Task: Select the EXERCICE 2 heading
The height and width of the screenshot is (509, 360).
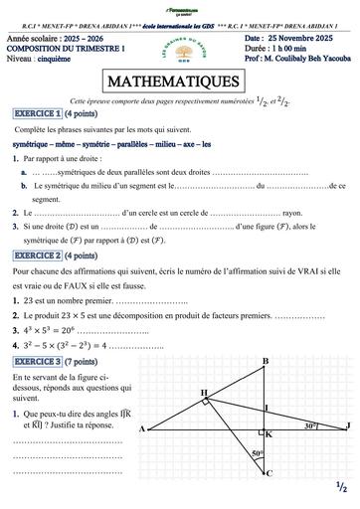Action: pyautogui.click(x=38, y=228)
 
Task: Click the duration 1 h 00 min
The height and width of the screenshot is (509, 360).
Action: pyautogui.click(x=290, y=47)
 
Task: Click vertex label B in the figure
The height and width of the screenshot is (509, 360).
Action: pyautogui.click(x=265, y=333)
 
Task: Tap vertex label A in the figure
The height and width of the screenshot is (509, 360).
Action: pyautogui.click(x=141, y=402)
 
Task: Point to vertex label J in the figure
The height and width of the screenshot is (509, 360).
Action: pyautogui.click(x=348, y=399)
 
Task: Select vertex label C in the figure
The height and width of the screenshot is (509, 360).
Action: pyautogui.click(x=269, y=473)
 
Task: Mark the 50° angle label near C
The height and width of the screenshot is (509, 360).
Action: pyautogui.click(x=257, y=453)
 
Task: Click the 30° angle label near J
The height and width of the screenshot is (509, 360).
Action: pyautogui.click(x=311, y=397)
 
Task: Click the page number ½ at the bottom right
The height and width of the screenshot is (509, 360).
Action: pyautogui.click(x=340, y=486)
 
